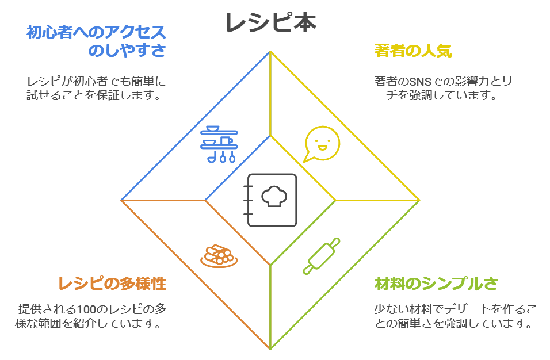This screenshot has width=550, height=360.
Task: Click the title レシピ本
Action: pyautogui.click(x=270, y=23)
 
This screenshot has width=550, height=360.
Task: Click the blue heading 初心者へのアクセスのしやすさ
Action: pyautogui.click(x=96, y=41)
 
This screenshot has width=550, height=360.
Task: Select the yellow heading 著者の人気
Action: pyautogui.click(x=412, y=51)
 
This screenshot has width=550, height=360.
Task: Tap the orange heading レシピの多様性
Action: pyautogui.click(x=112, y=284)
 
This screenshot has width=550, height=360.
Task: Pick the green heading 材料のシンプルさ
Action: pyautogui.click(x=436, y=284)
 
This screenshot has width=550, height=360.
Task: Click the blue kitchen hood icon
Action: pyautogui.click(x=219, y=143)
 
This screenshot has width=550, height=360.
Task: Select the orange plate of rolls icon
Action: pyautogui.click(x=219, y=255)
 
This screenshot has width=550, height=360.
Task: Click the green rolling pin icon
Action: pyautogui.click(x=322, y=255)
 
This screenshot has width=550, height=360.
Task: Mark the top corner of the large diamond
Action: pyautogui.click(x=270, y=51)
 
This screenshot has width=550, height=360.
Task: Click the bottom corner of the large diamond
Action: pyautogui.click(x=270, y=349)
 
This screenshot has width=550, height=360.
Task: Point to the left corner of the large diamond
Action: pyautogui.click(x=121, y=200)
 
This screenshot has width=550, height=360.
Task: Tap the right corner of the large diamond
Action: pyautogui.click(x=419, y=200)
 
